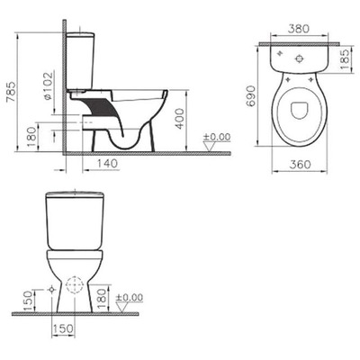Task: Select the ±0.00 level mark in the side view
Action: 215,138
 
